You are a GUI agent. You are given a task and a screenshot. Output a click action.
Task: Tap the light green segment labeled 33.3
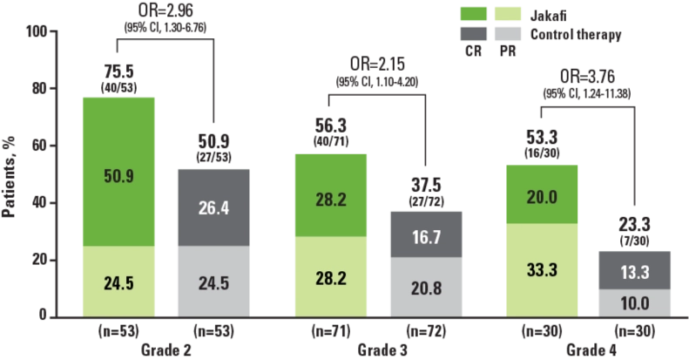point(541,268)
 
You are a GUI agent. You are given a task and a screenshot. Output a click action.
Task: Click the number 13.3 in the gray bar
point(633,271)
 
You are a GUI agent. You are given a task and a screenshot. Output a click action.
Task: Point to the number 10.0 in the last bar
point(633,302)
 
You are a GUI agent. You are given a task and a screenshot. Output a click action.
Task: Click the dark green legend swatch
point(474,15)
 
